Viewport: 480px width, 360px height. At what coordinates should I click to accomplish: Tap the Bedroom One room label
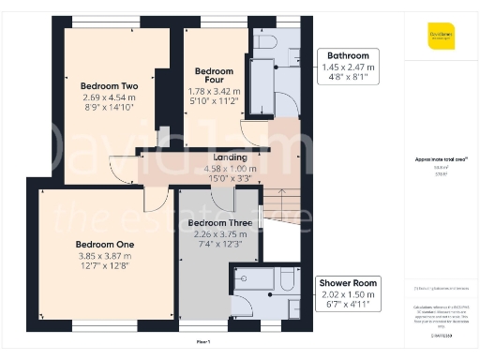pyautogui.click(x=104, y=245)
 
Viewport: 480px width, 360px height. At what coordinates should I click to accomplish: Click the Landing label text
pyautogui.click(x=231, y=157)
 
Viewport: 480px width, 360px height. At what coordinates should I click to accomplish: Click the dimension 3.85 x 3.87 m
pyautogui.click(x=104, y=256)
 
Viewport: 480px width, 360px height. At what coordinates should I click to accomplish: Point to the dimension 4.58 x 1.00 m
pyautogui.click(x=231, y=167)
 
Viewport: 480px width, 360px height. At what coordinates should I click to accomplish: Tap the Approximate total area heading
pyautogui.click(x=440, y=160)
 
